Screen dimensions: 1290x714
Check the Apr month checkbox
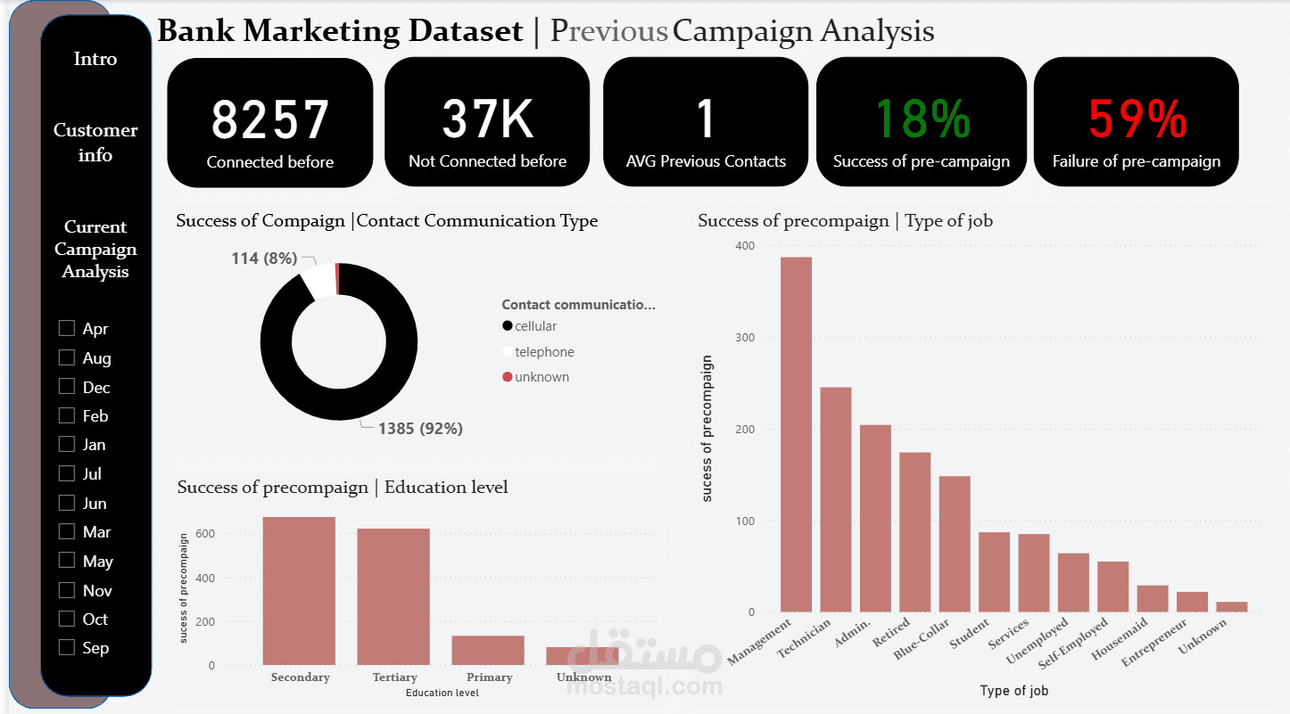(67, 328)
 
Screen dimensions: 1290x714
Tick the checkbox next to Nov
(67, 590)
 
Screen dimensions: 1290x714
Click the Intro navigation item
(95, 59)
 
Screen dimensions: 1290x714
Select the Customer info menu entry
(95, 142)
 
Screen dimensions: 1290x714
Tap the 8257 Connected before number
(270, 119)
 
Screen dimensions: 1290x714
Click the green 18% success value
(922, 119)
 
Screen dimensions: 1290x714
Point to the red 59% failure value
(1137, 119)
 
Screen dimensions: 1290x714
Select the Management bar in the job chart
(796, 434)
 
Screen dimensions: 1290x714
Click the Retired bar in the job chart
(915, 532)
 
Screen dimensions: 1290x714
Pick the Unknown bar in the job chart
(1232, 607)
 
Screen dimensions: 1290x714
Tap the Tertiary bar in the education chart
(393, 596)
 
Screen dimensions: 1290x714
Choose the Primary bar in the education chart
(488, 650)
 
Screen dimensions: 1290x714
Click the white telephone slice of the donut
(318, 282)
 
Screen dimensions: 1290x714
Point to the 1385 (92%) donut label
(420, 429)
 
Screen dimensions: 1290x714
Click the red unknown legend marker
(508, 377)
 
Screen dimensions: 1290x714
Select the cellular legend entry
(530, 326)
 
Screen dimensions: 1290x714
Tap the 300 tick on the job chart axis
(745, 337)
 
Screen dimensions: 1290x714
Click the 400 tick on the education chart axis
(205, 578)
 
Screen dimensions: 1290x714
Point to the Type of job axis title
(1013, 691)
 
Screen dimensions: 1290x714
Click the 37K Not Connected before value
(488, 119)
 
